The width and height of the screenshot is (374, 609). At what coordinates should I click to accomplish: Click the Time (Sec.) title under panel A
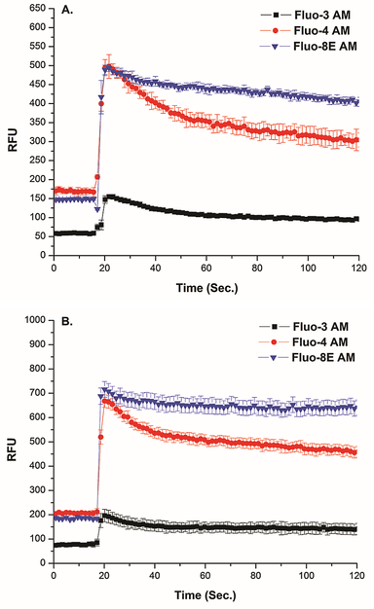(206, 288)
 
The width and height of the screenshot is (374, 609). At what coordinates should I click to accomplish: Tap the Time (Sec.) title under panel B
(206, 596)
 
